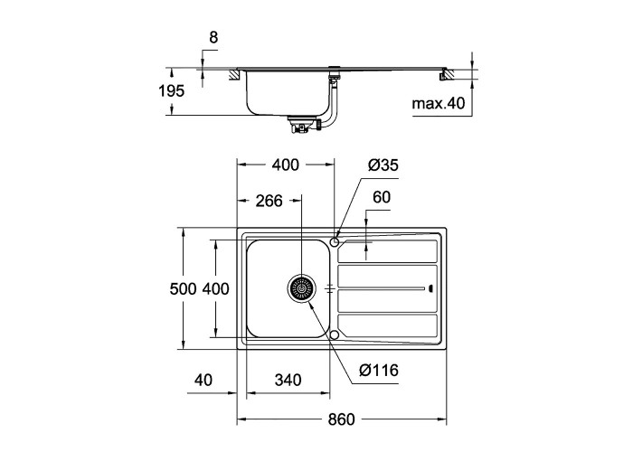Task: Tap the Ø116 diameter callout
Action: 379,370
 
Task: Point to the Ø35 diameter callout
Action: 383,165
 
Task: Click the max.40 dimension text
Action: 439,104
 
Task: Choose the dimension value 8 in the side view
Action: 213,38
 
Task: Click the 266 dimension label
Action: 269,201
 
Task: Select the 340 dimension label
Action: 287,381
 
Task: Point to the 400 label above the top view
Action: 285,165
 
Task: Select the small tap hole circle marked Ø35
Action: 335,240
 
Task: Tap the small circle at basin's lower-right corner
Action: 335,336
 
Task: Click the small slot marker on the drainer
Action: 430,289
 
